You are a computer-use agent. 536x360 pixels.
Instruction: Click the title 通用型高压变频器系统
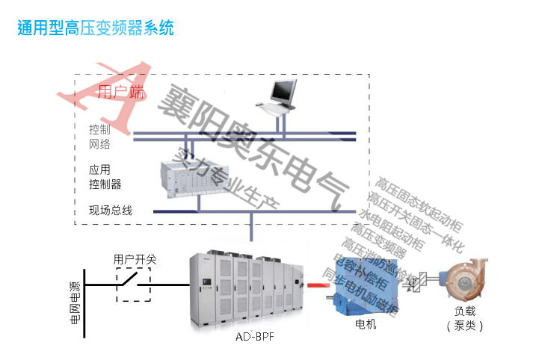click(x=96, y=28)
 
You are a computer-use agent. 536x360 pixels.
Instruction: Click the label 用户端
click(x=121, y=93)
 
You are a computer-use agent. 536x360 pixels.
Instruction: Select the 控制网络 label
click(x=99, y=137)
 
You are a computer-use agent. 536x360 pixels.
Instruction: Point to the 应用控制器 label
click(x=105, y=176)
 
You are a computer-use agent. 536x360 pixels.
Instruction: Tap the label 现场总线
click(x=111, y=211)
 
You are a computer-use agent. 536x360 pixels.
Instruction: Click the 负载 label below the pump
click(x=464, y=311)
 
